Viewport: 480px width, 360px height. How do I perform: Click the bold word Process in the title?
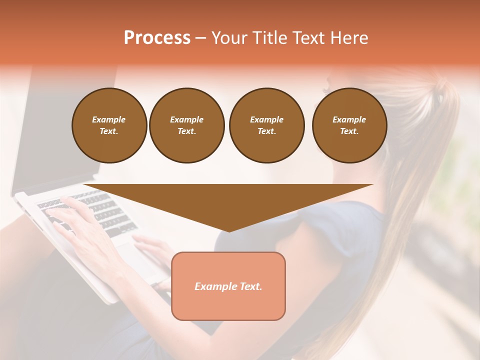[x=157, y=38]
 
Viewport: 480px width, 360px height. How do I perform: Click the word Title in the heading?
[x=269, y=38]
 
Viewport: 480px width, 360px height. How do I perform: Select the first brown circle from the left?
[x=109, y=125]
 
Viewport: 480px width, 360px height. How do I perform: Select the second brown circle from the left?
[x=186, y=125]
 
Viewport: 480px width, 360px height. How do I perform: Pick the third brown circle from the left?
[x=266, y=125]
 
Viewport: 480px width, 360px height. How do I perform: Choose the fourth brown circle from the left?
[x=349, y=125]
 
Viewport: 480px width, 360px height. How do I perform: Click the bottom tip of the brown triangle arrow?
[x=229, y=231]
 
